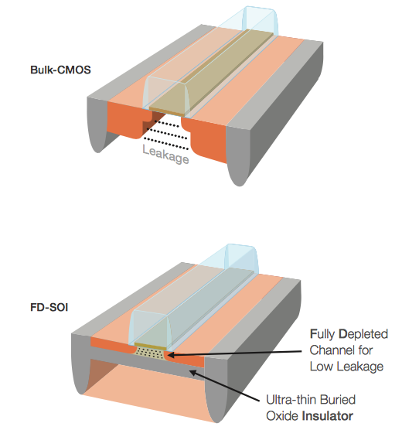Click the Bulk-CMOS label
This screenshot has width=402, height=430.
60,70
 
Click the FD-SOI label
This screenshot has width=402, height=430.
49,307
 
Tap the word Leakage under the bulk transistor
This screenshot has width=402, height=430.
165,155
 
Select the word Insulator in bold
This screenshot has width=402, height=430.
327,416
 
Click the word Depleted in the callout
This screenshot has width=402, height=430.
363,334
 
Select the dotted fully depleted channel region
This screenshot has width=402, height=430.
150,353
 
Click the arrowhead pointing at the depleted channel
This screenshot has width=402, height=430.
170,355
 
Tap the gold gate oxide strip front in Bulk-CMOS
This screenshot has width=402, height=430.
166,111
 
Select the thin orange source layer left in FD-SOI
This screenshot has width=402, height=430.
112,344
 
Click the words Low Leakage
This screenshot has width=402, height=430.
346,367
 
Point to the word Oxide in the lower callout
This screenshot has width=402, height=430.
281,416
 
